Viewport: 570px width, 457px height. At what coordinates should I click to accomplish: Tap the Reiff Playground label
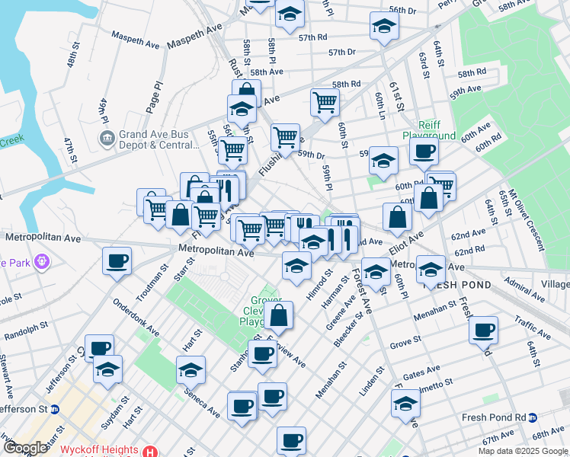pos(436,130)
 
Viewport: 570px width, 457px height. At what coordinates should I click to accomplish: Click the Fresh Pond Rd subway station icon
pos(533,417)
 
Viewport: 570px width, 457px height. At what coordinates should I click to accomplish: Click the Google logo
pos(24,448)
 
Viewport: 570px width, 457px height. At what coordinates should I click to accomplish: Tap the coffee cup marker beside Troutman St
pos(117,260)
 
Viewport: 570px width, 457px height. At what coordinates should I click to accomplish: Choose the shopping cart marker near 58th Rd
pos(325,101)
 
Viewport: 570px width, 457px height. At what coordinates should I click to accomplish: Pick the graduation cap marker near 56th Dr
pos(383,27)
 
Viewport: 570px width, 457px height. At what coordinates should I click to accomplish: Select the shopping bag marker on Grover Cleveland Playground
pos(280,315)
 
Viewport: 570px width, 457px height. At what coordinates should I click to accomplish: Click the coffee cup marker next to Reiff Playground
pos(424,150)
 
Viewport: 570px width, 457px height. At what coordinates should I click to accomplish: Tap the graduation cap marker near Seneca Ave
pos(190,370)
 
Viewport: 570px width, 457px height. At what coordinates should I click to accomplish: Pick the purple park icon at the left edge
pos(40,261)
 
